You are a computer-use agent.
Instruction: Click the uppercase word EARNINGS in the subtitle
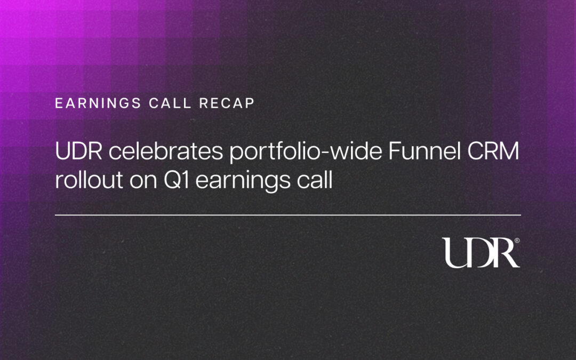98,103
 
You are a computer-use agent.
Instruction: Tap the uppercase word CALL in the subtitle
170,103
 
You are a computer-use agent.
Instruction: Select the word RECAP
227,103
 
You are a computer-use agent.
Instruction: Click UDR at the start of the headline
78,151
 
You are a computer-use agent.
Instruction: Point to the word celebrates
166,151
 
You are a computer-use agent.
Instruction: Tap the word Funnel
425,151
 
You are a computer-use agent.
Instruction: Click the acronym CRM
493,151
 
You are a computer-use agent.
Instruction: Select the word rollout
89,180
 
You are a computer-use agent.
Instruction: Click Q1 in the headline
177,180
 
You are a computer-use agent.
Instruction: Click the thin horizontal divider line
288,215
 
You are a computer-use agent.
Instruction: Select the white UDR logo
481,253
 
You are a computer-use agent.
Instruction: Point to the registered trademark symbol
517,241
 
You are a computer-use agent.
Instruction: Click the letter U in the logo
457,253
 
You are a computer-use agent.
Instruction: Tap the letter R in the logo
507,253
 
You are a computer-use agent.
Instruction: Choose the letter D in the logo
482,253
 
